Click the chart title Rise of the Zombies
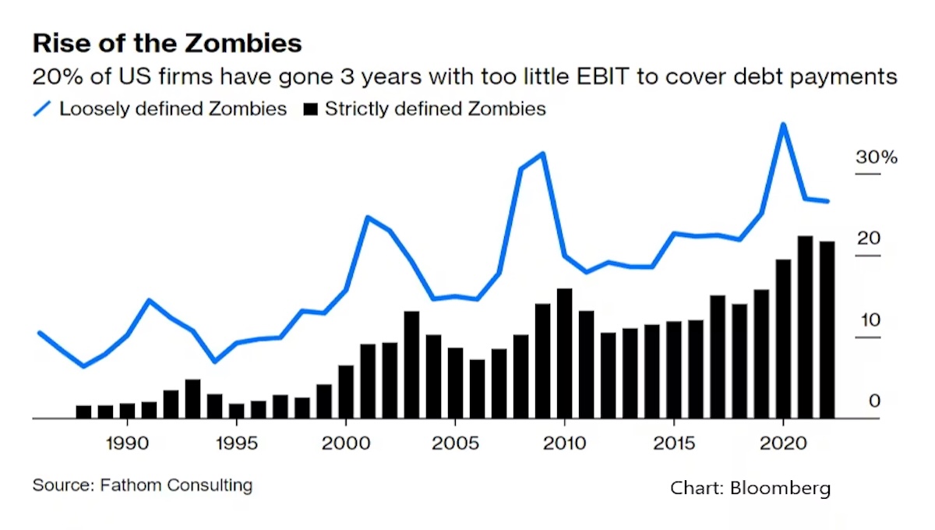167,43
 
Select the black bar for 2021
805,327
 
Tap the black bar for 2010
565,354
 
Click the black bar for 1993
192,399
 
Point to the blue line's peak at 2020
783,125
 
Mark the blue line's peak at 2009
543,154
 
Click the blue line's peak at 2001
368,217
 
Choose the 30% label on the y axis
877,157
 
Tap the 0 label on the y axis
874,401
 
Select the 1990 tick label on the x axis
127,442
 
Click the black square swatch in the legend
309,108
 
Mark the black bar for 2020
783,339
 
